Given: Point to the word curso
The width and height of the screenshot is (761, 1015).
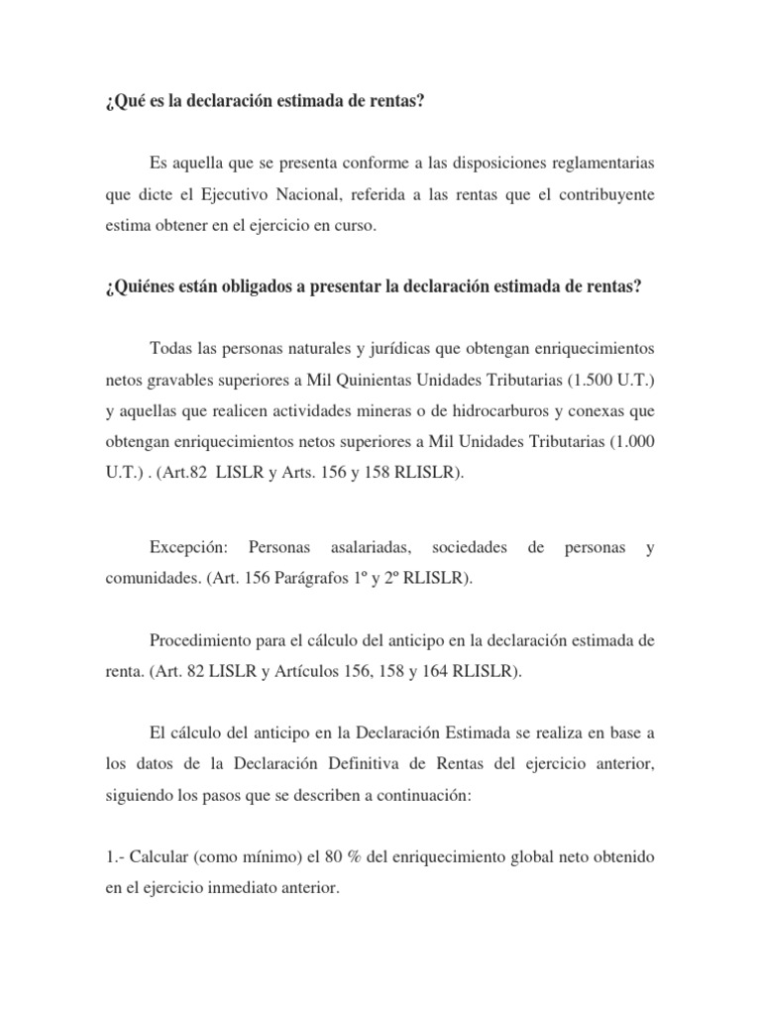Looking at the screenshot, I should tap(355, 225).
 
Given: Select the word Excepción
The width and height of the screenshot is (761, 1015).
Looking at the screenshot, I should tap(188, 547).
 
